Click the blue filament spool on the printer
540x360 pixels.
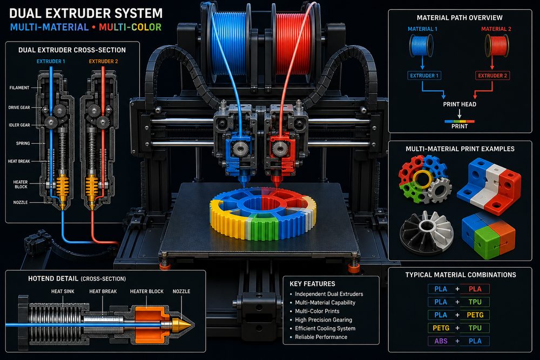(x=229, y=43)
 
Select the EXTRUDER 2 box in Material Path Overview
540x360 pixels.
(x=492, y=76)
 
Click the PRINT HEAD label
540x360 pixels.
(x=460, y=104)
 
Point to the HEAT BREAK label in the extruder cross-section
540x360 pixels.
(x=19, y=161)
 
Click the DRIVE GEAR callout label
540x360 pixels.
(x=19, y=107)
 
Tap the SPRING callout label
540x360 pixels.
(x=23, y=143)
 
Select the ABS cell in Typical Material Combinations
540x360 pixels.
(x=441, y=341)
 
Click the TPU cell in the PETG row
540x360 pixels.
(x=475, y=328)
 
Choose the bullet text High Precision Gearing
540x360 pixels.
(x=323, y=320)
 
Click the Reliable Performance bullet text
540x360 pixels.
(x=321, y=337)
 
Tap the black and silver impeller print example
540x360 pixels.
(x=427, y=232)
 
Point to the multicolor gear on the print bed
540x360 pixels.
(x=263, y=213)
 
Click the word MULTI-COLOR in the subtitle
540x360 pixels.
(x=130, y=27)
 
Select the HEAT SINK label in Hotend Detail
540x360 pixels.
(x=63, y=291)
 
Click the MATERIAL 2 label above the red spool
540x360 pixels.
(x=496, y=29)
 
